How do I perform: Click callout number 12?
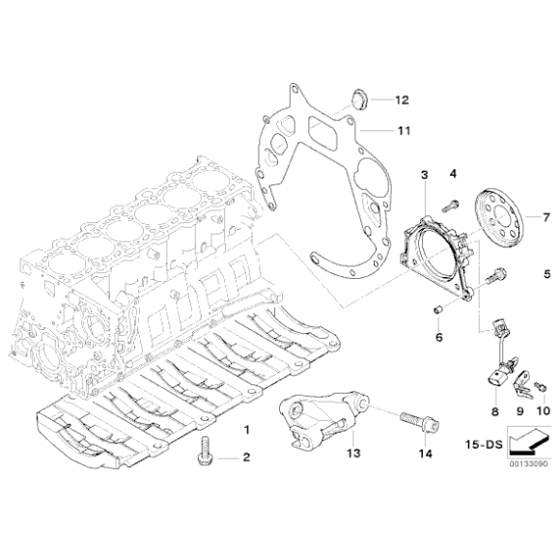click(x=402, y=99)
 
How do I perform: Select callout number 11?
click(x=402, y=129)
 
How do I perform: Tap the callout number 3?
click(x=423, y=175)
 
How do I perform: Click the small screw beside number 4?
click(x=450, y=205)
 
